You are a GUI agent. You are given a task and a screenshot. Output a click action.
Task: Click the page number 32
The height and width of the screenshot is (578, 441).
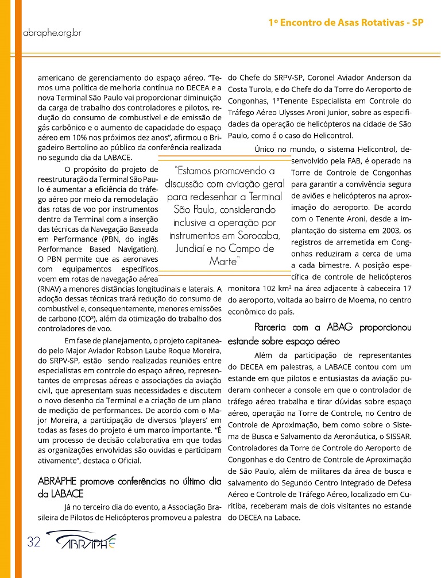[33, 542]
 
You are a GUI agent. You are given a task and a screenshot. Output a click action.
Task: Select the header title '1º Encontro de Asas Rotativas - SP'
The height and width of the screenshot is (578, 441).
[346, 24]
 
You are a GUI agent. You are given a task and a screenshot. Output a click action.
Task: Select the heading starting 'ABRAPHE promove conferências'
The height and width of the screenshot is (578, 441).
[129, 481]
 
